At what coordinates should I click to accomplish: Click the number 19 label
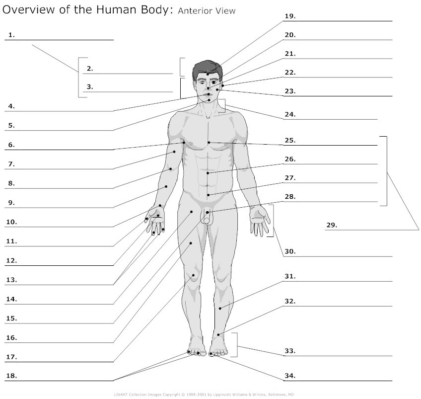pos(290,16)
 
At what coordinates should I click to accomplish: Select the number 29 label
pos(332,225)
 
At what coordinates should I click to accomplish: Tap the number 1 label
pos(11,35)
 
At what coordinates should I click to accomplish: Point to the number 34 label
pos(290,376)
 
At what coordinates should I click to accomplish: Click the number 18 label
pos(11,376)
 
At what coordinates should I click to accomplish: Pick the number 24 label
pos(290,114)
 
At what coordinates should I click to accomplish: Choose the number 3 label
pos(90,87)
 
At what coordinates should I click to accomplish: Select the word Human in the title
pos(116,9)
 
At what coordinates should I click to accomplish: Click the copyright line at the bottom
pos(204,395)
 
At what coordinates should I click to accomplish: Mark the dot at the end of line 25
pos(209,143)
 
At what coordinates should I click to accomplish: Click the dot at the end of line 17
pos(193,275)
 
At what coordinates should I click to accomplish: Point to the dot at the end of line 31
pos(220,309)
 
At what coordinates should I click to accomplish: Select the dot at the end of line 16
pos(191,243)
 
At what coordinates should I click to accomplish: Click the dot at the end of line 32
pos(218,335)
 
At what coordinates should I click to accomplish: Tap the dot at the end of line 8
pos(170,169)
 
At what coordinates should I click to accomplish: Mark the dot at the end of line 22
pos(223,85)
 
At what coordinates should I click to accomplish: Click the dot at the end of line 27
pos(208,195)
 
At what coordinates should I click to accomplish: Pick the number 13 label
pos(11,280)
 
